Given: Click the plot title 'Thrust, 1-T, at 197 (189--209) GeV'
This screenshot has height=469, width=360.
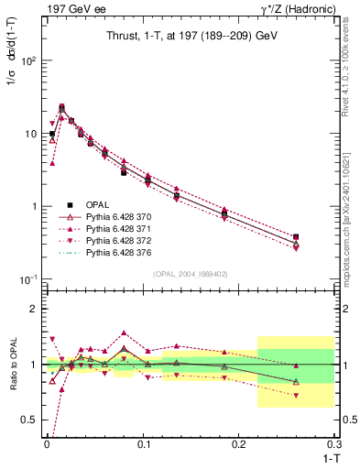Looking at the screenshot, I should click(188, 36).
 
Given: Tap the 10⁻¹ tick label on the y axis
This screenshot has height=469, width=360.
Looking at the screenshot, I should click(27, 279).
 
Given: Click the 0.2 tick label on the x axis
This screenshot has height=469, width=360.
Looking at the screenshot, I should click(241, 442).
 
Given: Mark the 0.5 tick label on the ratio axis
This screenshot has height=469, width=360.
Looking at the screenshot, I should click(28, 420).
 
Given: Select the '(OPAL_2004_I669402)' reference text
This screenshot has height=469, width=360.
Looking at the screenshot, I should click(188, 273).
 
